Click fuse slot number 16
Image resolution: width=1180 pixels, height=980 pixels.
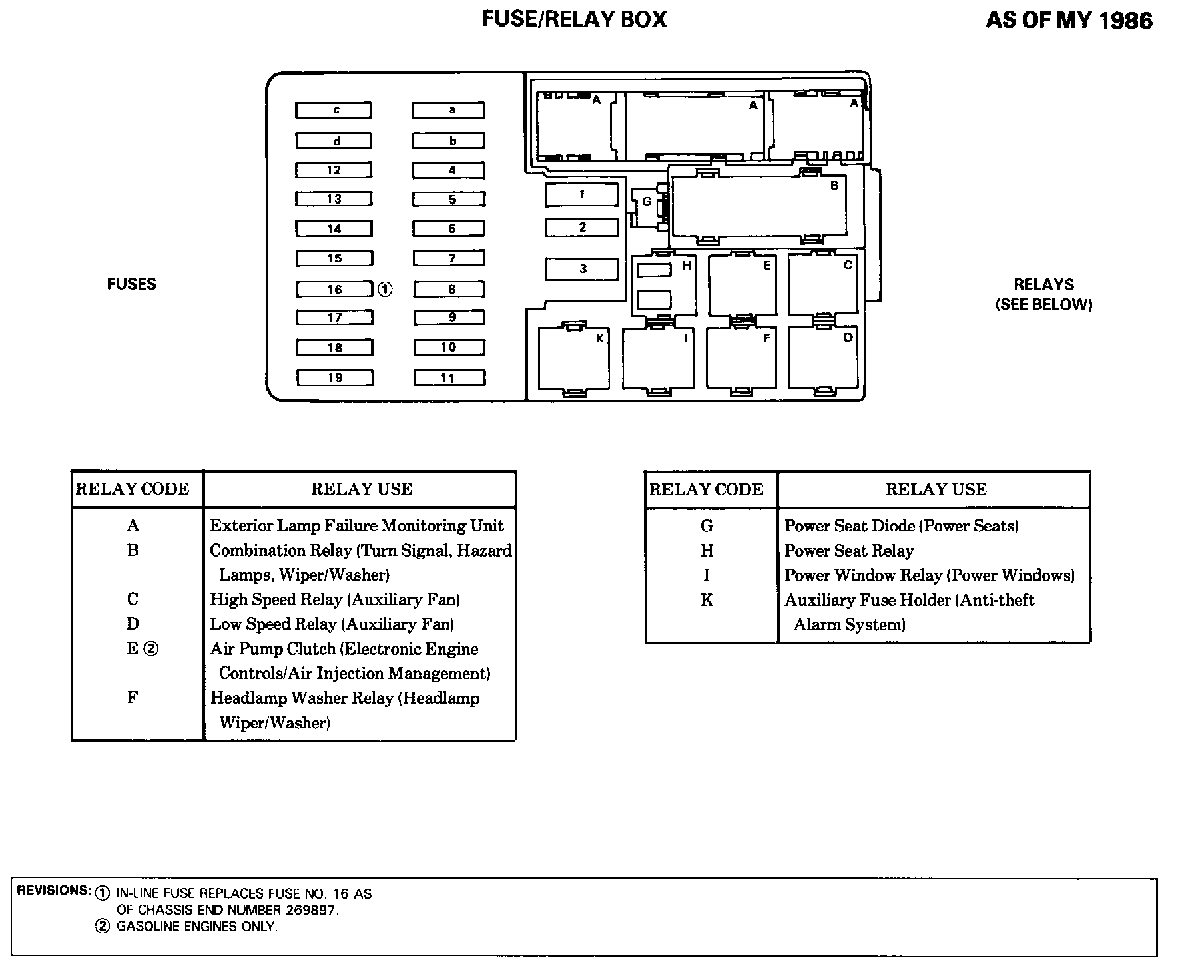click(x=334, y=289)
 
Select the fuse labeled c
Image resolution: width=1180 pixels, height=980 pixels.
click(x=334, y=110)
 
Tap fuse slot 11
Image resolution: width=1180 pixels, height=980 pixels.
click(x=449, y=378)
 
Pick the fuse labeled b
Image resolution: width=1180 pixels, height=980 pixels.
click(x=448, y=141)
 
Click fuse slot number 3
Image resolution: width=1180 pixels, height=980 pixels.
click(x=581, y=269)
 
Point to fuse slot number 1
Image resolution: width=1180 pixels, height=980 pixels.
click(x=581, y=194)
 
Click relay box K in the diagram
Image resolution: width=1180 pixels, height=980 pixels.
click(x=573, y=360)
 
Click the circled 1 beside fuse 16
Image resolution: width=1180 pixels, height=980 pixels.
click(x=385, y=289)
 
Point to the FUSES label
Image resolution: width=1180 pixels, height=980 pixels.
click(x=132, y=284)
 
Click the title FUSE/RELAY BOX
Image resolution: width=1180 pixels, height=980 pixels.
click(x=574, y=19)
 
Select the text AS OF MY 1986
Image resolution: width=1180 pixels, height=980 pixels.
click(x=1068, y=21)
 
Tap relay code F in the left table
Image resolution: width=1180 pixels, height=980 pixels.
click(x=133, y=698)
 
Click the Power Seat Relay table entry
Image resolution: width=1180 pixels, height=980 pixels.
click(x=849, y=551)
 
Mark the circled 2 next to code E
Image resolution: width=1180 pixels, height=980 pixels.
click(x=151, y=648)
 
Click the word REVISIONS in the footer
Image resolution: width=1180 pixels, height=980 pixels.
click(x=53, y=890)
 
